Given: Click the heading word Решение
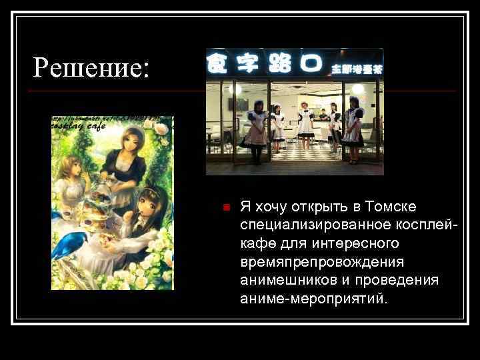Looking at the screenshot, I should point(91,67).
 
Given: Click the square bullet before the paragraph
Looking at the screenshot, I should point(226,207).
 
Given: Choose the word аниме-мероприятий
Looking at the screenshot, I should point(313,298).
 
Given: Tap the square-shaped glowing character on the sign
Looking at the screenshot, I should point(307,63).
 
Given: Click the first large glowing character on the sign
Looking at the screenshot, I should point(217,63).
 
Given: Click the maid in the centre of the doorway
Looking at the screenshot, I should point(305,125).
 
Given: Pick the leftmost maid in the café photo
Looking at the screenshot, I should point(256,130).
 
